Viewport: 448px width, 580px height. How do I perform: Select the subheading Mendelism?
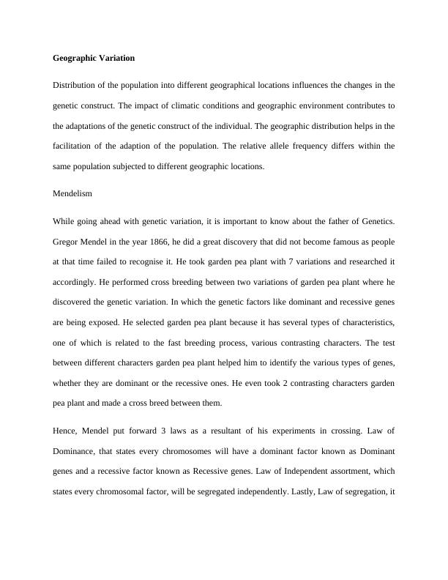click(x=72, y=194)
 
